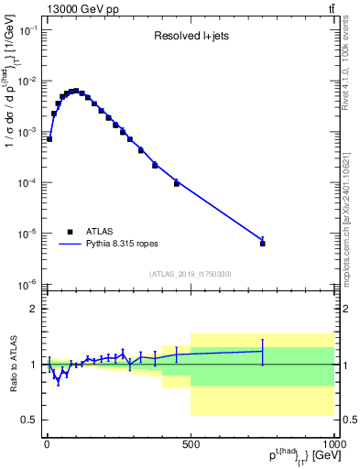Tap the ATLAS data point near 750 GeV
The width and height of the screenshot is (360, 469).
coord(262,244)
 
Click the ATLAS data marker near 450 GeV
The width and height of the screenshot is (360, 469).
coord(177,183)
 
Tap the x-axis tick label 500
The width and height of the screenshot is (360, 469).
coord(191,444)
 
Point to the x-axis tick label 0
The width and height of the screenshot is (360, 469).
coord(47,444)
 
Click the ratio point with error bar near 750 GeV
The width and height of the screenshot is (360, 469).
coord(262,351)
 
